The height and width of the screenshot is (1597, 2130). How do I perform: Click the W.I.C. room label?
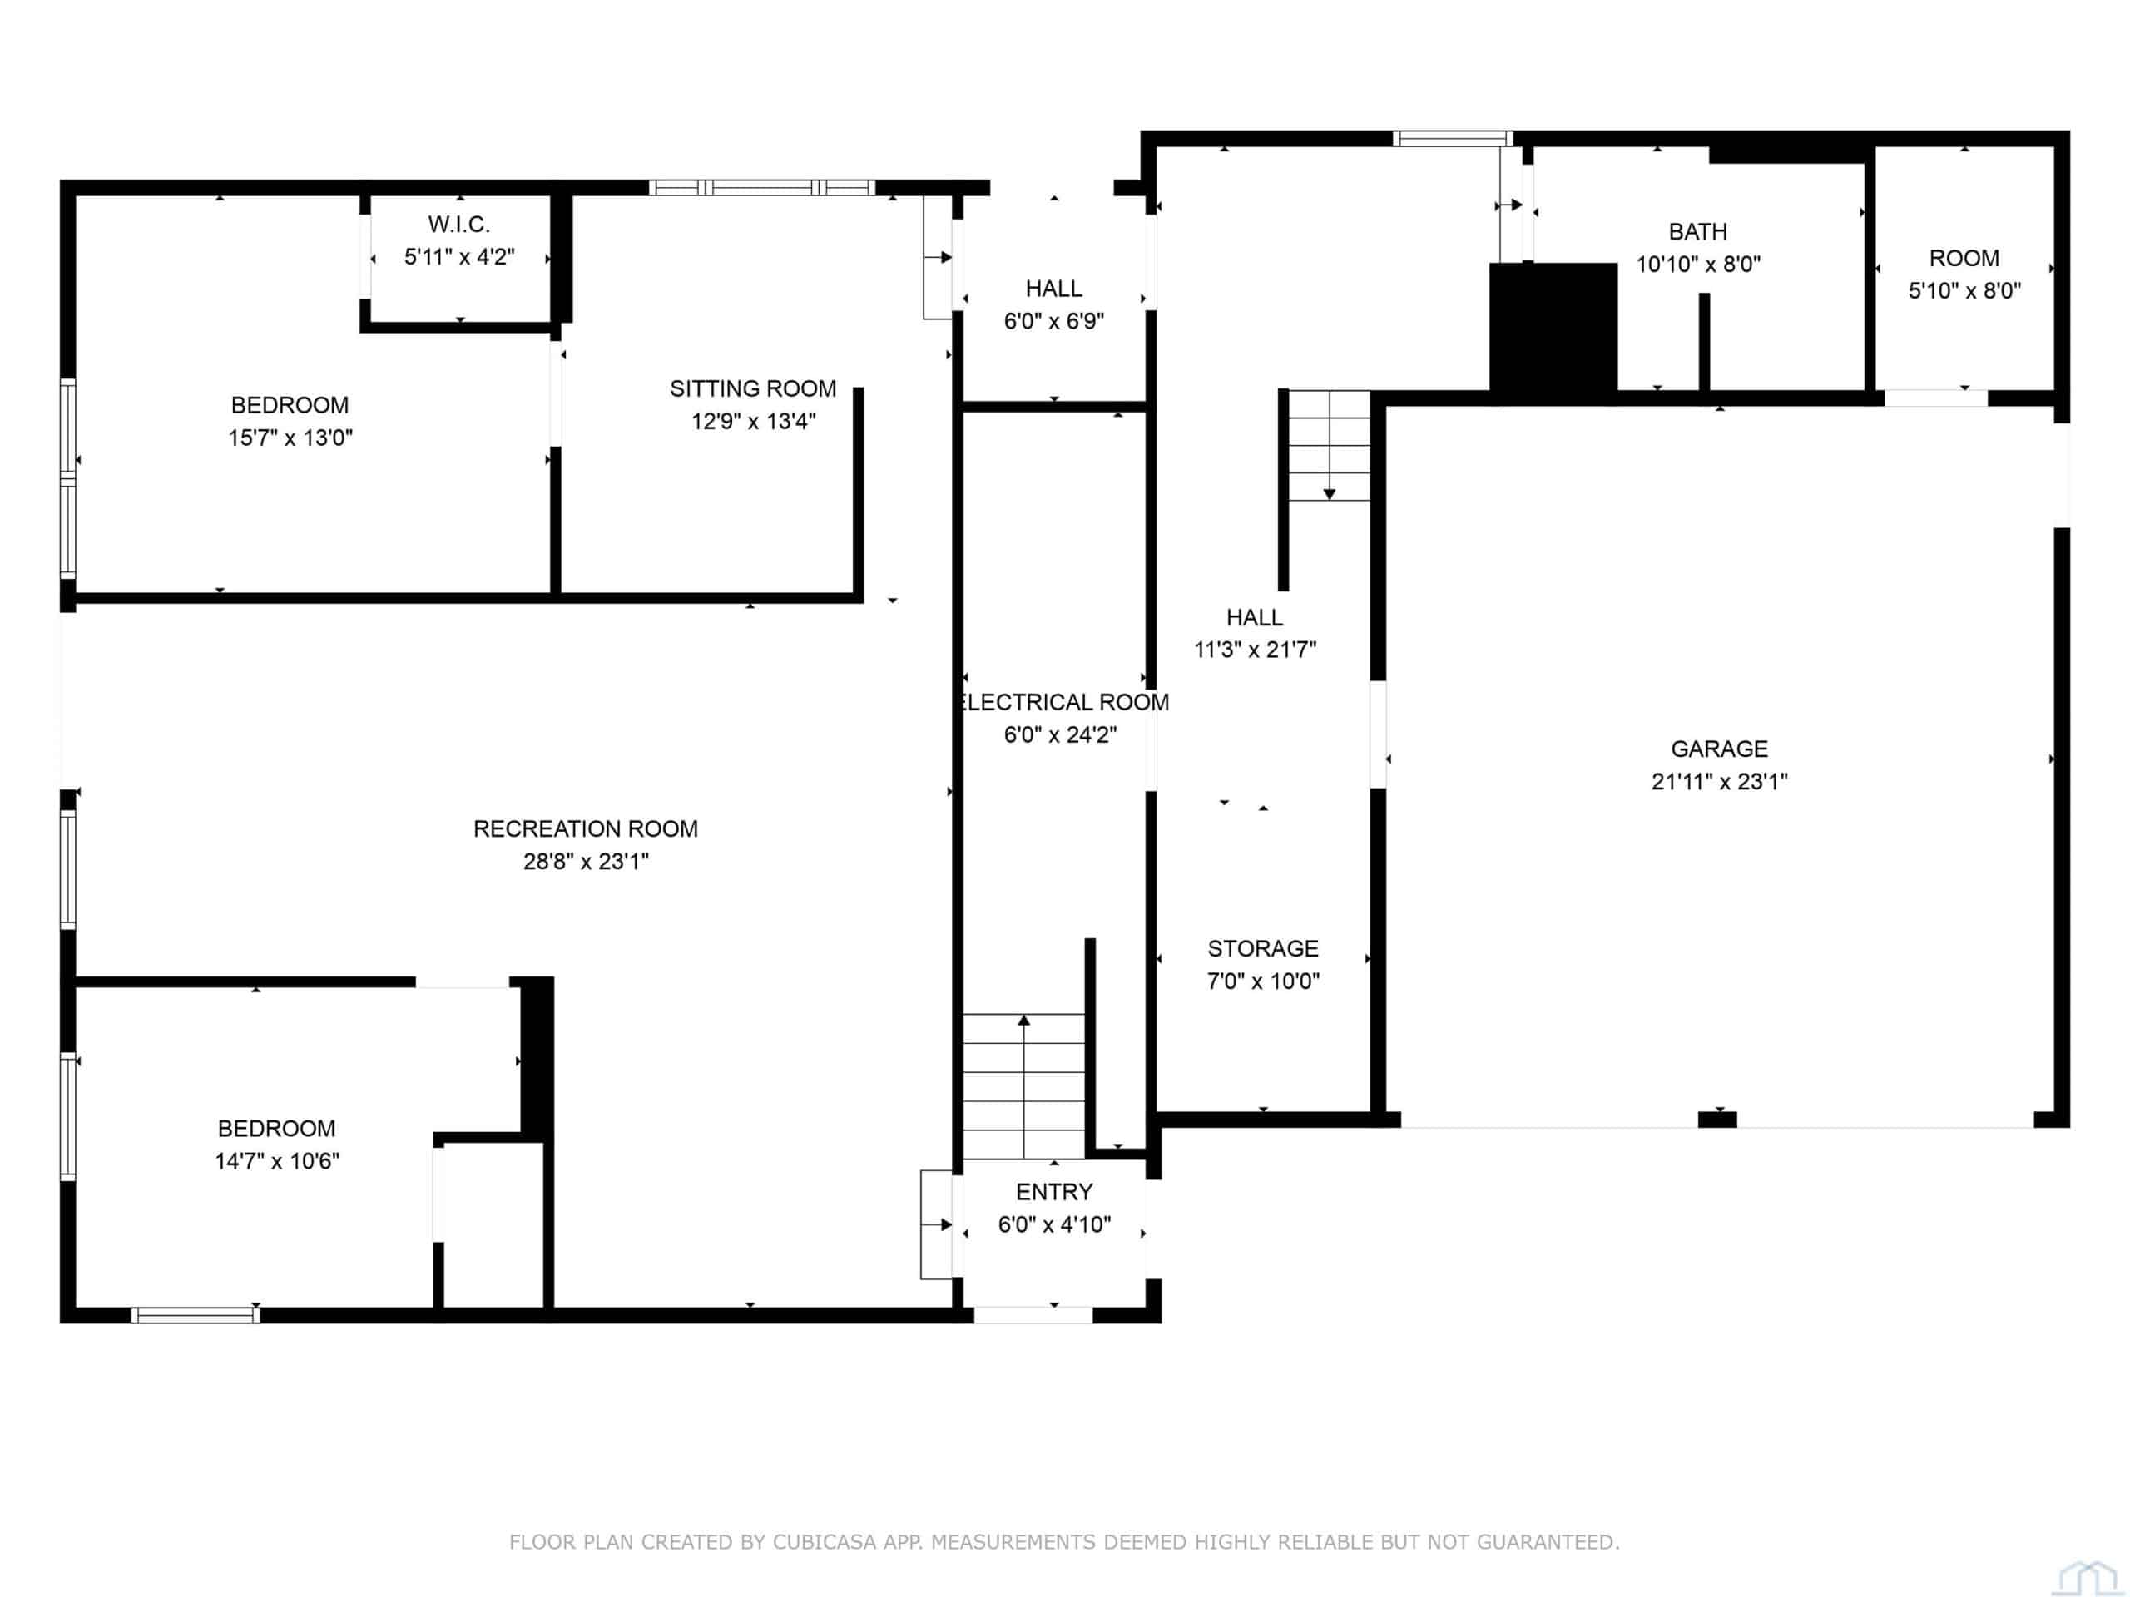tap(459, 225)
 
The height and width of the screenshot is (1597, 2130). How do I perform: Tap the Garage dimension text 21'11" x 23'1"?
tap(1719, 782)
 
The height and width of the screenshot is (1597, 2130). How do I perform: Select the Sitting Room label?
tap(753, 389)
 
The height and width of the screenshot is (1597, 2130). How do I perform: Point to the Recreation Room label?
tap(586, 828)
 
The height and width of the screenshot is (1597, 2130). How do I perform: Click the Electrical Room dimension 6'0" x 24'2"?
tap(1060, 735)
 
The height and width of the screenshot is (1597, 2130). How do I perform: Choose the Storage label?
tap(1262, 949)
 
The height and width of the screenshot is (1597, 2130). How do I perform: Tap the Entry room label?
tap(1054, 1193)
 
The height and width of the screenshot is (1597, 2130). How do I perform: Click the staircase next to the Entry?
tap(1023, 1085)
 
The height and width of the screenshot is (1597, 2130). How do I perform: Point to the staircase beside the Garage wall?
tap(1329, 446)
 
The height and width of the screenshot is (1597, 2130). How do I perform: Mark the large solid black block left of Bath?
tap(1553, 327)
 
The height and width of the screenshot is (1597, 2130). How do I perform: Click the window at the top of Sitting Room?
tap(761, 188)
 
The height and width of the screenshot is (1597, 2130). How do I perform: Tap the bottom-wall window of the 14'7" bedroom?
tap(196, 1315)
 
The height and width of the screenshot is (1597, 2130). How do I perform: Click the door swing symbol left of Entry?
tap(937, 1224)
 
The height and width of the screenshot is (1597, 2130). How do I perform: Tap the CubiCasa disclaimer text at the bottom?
tap(1064, 1542)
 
